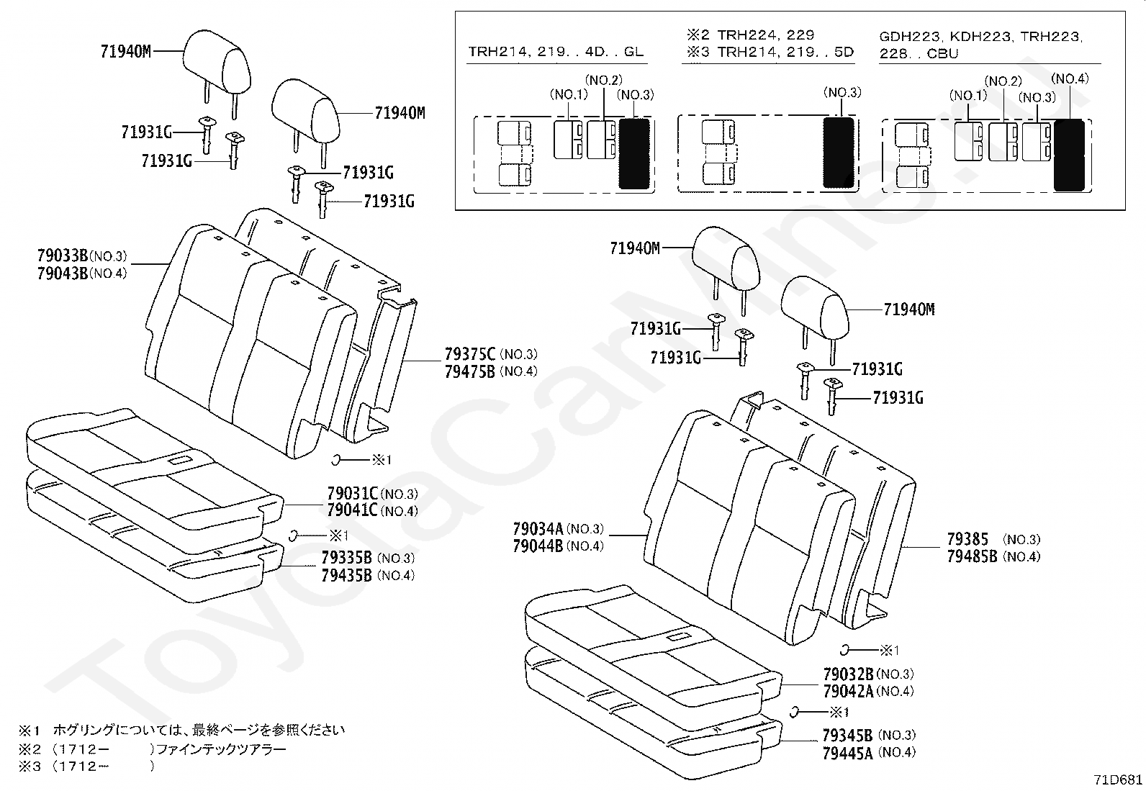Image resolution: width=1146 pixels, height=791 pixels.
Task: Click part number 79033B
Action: (62, 256)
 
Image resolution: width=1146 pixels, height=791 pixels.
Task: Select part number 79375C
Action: (470, 354)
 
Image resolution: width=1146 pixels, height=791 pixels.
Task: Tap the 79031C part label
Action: (352, 494)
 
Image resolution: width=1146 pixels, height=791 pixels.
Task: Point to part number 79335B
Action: (347, 558)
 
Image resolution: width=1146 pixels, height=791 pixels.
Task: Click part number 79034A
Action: (538, 529)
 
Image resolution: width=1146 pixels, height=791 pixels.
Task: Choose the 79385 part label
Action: (967, 539)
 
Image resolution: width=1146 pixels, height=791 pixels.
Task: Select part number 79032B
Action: (848, 674)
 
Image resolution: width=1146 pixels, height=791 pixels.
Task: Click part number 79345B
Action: (848, 735)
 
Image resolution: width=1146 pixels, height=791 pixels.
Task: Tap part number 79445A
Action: (848, 753)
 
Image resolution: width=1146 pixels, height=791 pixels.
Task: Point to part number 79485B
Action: (972, 556)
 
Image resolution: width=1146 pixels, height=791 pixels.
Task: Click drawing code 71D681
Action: (1118, 779)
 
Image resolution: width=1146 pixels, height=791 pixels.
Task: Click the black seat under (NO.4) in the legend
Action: (1069, 155)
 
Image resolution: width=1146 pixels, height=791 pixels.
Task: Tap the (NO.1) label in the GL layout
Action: (569, 94)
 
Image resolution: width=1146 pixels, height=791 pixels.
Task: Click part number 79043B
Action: (62, 274)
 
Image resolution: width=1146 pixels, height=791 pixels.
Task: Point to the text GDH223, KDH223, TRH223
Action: (980, 37)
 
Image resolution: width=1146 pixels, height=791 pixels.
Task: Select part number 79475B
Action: (470, 371)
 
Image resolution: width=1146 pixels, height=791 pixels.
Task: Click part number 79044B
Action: (538, 546)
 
